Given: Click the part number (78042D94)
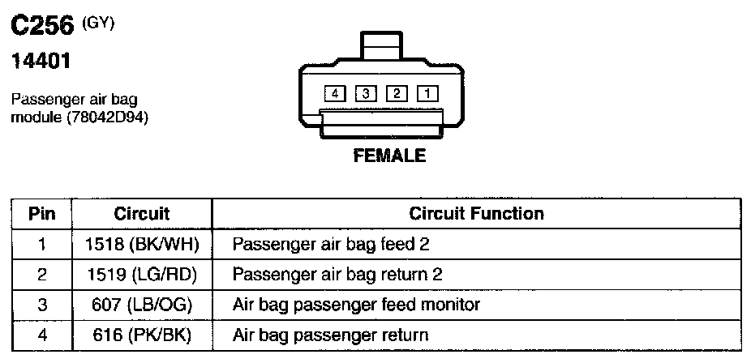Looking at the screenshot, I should click(102, 118).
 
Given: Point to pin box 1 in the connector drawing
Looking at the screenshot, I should click(427, 93).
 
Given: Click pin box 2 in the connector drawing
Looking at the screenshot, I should click(397, 93).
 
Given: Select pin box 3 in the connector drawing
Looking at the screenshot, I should click(366, 93).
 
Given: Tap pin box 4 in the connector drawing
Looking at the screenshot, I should click(334, 93).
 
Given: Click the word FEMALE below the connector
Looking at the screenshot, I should click(389, 156).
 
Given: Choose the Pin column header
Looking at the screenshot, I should click(42, 214).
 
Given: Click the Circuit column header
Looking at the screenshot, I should click(142, 214).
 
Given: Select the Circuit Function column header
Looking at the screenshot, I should click(476, 214).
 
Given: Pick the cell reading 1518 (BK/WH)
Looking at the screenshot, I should click(142, 244).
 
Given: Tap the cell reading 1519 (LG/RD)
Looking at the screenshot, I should click(142, 275).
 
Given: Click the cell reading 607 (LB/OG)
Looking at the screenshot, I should click(142, 305).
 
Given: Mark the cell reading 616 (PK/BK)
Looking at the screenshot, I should click(142, 335).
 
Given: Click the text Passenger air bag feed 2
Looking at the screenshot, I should click(324, 244).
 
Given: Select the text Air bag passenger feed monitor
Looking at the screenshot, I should click(356, 305).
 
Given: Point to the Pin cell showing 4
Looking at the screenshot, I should click(42, 335).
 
